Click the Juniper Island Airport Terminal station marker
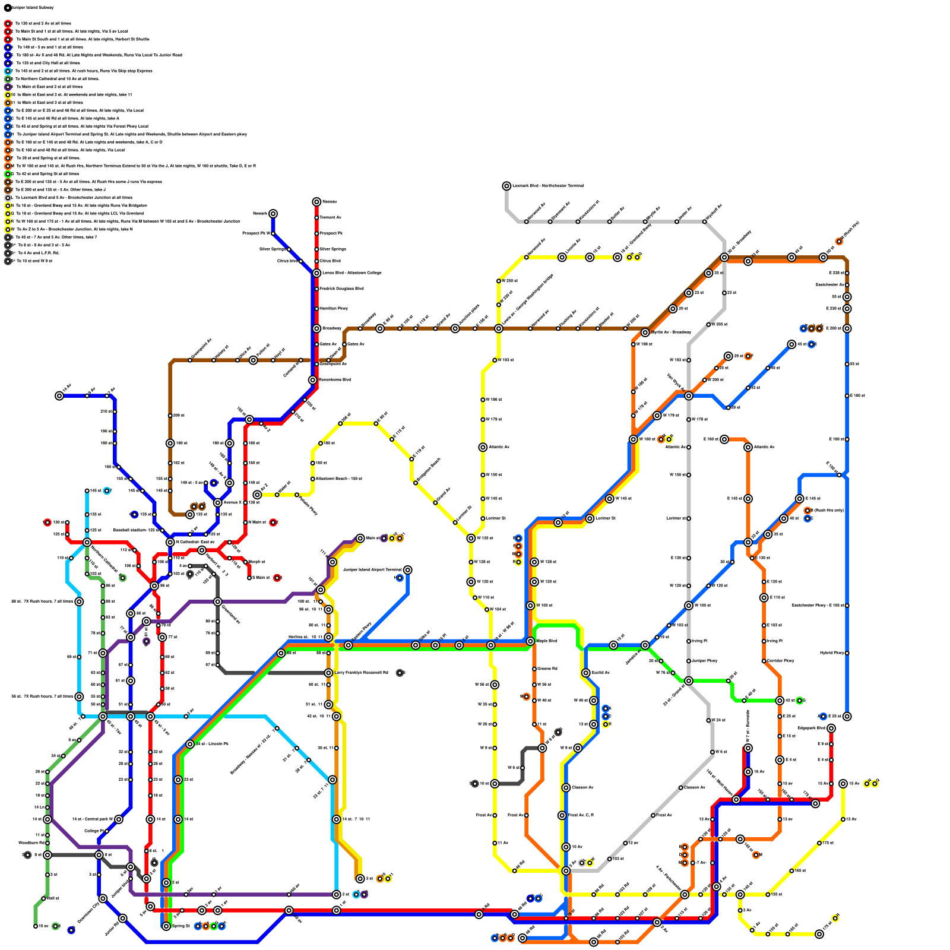tap(407, 570)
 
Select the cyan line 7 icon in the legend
tap(8, 71)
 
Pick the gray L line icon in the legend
tap(8, 198)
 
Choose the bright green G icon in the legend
tap(8, 174)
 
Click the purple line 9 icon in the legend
tap(8, 87)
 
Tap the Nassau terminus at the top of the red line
tap(316, 202)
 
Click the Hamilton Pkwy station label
tap(334, 309)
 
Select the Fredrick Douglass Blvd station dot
tap(316, 289)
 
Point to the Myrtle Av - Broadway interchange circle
tap(645, 332)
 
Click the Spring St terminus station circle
tap(166, 926)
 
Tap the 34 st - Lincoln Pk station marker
tap(190, 744)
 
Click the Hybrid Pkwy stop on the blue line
tap(847, 653)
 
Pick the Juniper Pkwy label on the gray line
tap(705, 661)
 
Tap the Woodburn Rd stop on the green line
tap(47, 843)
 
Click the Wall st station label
tap(53, 898)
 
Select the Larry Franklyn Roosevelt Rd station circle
tap(328, 673)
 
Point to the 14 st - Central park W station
tap(119, 819)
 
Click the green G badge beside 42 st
tap(800, 701)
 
